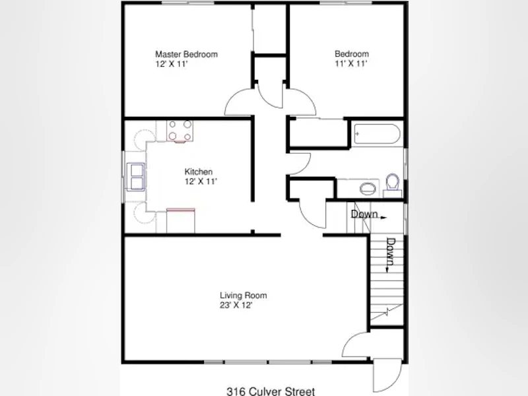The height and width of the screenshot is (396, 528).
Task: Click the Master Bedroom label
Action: click(186, 54)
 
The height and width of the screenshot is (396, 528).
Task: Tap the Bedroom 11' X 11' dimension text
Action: click(351, 63)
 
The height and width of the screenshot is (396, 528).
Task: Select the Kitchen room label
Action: click(199, 172)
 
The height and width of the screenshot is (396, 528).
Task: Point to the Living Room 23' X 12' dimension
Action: click(236, 306)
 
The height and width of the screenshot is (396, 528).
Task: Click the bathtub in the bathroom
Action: click(377, 134)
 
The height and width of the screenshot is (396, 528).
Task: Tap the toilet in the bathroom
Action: click(392, 185)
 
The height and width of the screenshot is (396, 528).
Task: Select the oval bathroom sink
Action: click(368, 188)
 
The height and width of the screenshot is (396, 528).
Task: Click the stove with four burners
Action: click(180, 131)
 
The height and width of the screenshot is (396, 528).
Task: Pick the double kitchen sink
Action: click(136, 176)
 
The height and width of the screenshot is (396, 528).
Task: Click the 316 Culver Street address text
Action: click(271, 391)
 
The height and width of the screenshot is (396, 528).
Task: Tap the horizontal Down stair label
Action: click(364, 214)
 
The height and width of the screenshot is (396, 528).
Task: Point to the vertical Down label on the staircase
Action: click(391, 251)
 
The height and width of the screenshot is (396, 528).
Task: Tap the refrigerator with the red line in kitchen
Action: click(181, 220)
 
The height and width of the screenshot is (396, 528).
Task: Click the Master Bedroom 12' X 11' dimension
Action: click(171, 64)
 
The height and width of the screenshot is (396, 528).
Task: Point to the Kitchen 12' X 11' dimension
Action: click(201, 181)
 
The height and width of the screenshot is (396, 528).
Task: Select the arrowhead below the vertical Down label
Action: click(387, 269)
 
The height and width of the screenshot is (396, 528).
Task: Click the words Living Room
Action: click(244, 296)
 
